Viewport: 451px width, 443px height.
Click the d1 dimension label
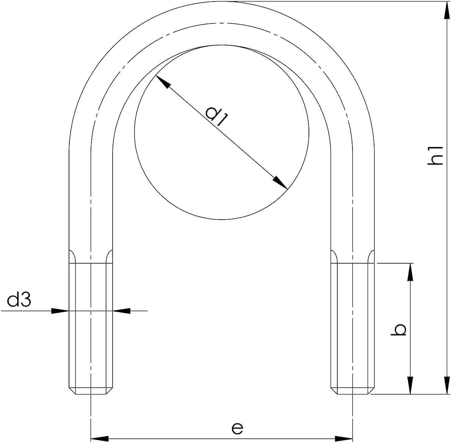click(217, 116)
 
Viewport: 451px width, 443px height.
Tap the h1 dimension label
click(435, 155)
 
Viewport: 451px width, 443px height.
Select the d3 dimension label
click(19, 300)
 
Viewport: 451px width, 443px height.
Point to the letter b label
click(399, 329)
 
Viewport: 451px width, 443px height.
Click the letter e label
click(237, 428)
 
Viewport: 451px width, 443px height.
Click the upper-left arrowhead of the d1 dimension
click(163, 82)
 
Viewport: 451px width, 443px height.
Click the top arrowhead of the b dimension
click(410, 272)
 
